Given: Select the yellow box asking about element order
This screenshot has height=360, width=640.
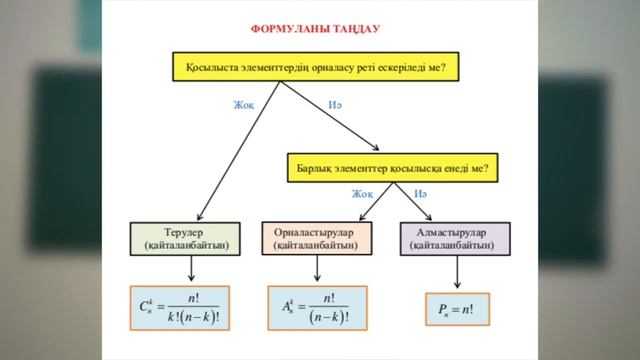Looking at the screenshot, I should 315,69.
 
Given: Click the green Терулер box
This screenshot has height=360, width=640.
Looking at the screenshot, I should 191,238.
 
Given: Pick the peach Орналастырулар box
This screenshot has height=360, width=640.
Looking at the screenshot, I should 316,238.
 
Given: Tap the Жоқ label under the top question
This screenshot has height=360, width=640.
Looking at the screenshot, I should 243,105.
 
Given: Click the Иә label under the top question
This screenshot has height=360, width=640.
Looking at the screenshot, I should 335,105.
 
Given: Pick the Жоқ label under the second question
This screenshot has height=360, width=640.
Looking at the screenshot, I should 362,193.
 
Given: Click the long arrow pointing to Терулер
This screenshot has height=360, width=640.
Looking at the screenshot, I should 240,150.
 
